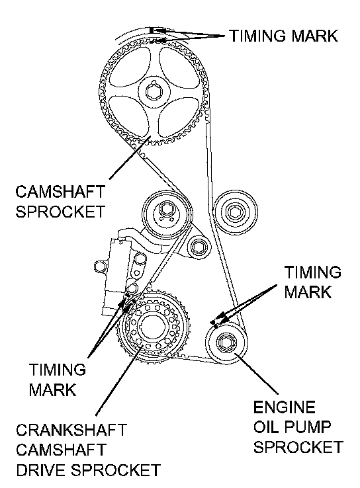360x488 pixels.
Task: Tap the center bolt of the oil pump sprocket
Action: tap(226, 343)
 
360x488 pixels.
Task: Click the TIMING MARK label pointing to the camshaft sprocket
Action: tap(283, 36)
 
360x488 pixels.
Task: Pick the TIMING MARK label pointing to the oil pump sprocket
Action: tap(312, 282)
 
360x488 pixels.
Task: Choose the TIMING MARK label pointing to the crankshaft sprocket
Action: tap(58, 380)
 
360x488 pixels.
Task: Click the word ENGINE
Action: tap(285, 407)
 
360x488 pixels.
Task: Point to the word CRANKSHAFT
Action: tap(71, 430)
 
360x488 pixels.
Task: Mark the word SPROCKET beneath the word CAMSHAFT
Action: tap(60, 212)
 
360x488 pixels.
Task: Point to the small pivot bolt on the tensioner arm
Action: tap(197, 247)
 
